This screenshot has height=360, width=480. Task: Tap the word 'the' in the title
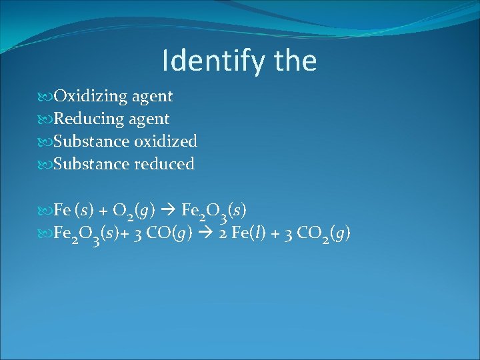tap(295, 61)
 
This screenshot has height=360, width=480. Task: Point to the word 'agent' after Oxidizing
tap(153, 97)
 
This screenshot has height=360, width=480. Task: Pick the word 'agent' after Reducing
tap(149, 119)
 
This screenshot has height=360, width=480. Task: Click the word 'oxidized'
tap(165, 141)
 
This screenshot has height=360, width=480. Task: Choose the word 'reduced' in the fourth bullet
tap(165, 164)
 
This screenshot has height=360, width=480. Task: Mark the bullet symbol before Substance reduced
tap(46, 165)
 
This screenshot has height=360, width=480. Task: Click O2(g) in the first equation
tap(134, 211)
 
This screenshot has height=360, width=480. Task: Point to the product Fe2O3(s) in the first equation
tap(213, 211)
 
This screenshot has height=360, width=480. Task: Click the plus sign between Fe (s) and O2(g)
tap(103, 211)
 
